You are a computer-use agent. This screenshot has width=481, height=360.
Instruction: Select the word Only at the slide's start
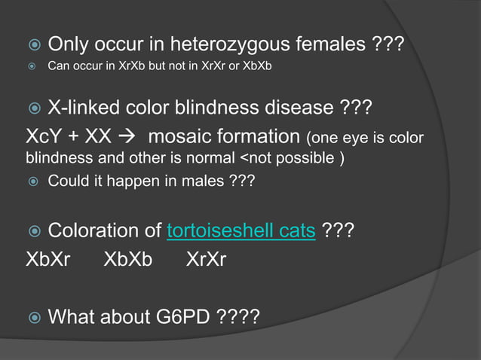70,46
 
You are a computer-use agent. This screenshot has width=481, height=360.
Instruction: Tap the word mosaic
178,138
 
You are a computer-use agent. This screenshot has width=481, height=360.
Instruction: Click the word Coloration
96,230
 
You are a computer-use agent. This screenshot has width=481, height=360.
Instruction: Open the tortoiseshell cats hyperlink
240,230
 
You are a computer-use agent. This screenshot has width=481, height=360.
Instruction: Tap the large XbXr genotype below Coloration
48,260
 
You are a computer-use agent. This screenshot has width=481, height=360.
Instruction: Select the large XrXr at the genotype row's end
205,260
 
